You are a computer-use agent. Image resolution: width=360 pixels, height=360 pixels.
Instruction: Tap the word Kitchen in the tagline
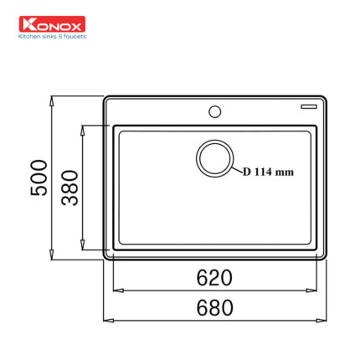(x=34, y=36)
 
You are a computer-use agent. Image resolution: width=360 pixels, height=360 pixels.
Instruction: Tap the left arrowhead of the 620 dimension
(x=116, y=291)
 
